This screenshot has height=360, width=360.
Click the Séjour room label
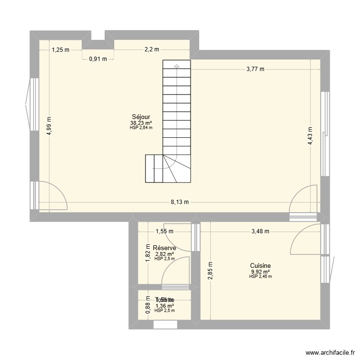(x=142, y=117)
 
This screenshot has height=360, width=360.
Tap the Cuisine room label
(x=261, y=265)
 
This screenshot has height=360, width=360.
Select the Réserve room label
(x=164, y=248)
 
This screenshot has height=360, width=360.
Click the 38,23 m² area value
(x=142, y=123)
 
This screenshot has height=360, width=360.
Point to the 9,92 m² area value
(x=261, y=272)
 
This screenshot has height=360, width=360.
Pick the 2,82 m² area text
(x=164, y=254)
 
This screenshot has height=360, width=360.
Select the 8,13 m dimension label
(x=180, y=202)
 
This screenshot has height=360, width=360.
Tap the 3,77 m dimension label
(x=255, y=69)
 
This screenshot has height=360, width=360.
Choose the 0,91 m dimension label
(x=98, y=59)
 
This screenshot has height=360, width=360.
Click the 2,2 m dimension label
(x=152, y=49)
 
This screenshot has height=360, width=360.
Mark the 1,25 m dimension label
(x=60, y=49)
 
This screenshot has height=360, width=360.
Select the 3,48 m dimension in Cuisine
(x=261, y=231)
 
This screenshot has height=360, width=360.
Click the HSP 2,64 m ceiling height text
(x=142, y=128)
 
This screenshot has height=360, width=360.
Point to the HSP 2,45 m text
(x=261, y=276)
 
